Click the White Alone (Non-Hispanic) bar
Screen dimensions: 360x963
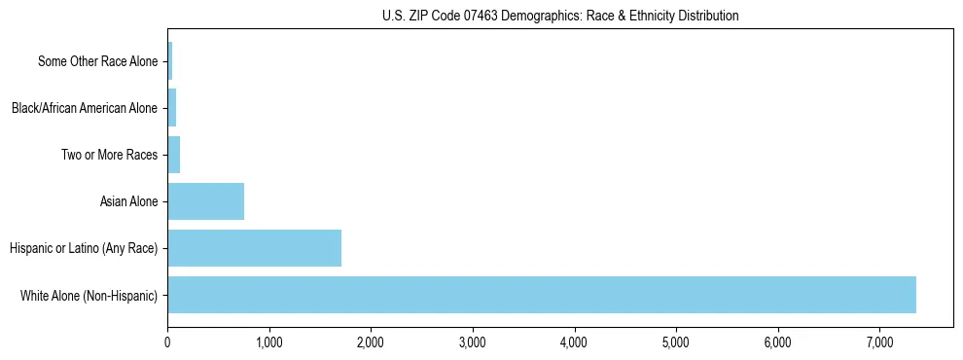tap(541, 295)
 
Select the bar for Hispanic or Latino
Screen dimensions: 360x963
tap(254, 248)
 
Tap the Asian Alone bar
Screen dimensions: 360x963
tap(205, 201)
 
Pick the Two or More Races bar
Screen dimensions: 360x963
tap(174, 155)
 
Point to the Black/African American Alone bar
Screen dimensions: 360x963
tap(172, 108)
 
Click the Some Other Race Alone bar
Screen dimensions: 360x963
tap(170, 61)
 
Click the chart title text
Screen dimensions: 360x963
tap(560, 16)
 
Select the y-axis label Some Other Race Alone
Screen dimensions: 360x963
tap(97, 61)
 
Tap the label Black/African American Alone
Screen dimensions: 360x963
tap(84, 108)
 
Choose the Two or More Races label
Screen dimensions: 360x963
tap(109, 155)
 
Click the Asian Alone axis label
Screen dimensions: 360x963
tap(128, 201)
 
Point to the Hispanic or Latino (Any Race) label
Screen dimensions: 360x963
tap(84, 248)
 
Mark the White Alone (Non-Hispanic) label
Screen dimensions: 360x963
tap(89, 295)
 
